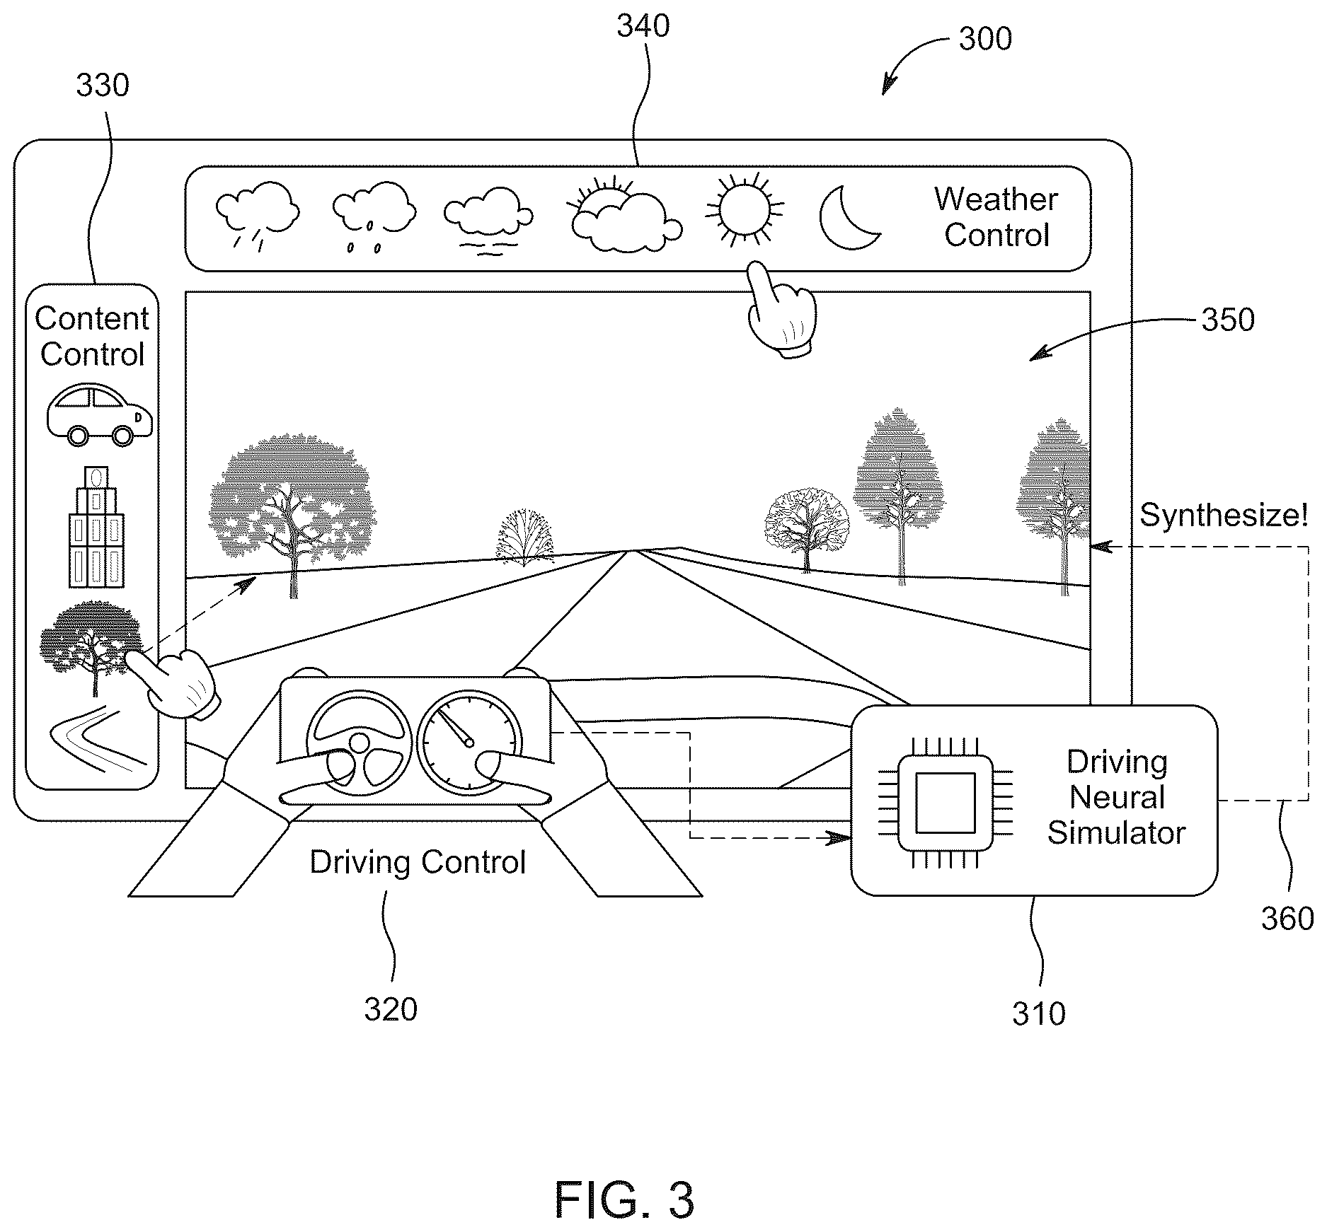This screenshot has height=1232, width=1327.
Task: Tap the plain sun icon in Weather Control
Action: point(745,209)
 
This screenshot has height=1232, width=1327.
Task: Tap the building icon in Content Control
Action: point(96,527)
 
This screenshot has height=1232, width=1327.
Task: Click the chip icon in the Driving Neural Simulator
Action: point(945,802)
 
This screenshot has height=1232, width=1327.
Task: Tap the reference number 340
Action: point(643,27)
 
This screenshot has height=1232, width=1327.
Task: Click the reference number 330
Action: point(103,86)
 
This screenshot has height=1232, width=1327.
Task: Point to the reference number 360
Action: point(1287,919)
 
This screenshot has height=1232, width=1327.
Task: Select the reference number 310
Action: point(1038,1013)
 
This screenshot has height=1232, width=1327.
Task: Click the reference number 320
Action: point(391,1009)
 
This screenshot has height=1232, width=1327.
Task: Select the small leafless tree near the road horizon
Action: point(524,537)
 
